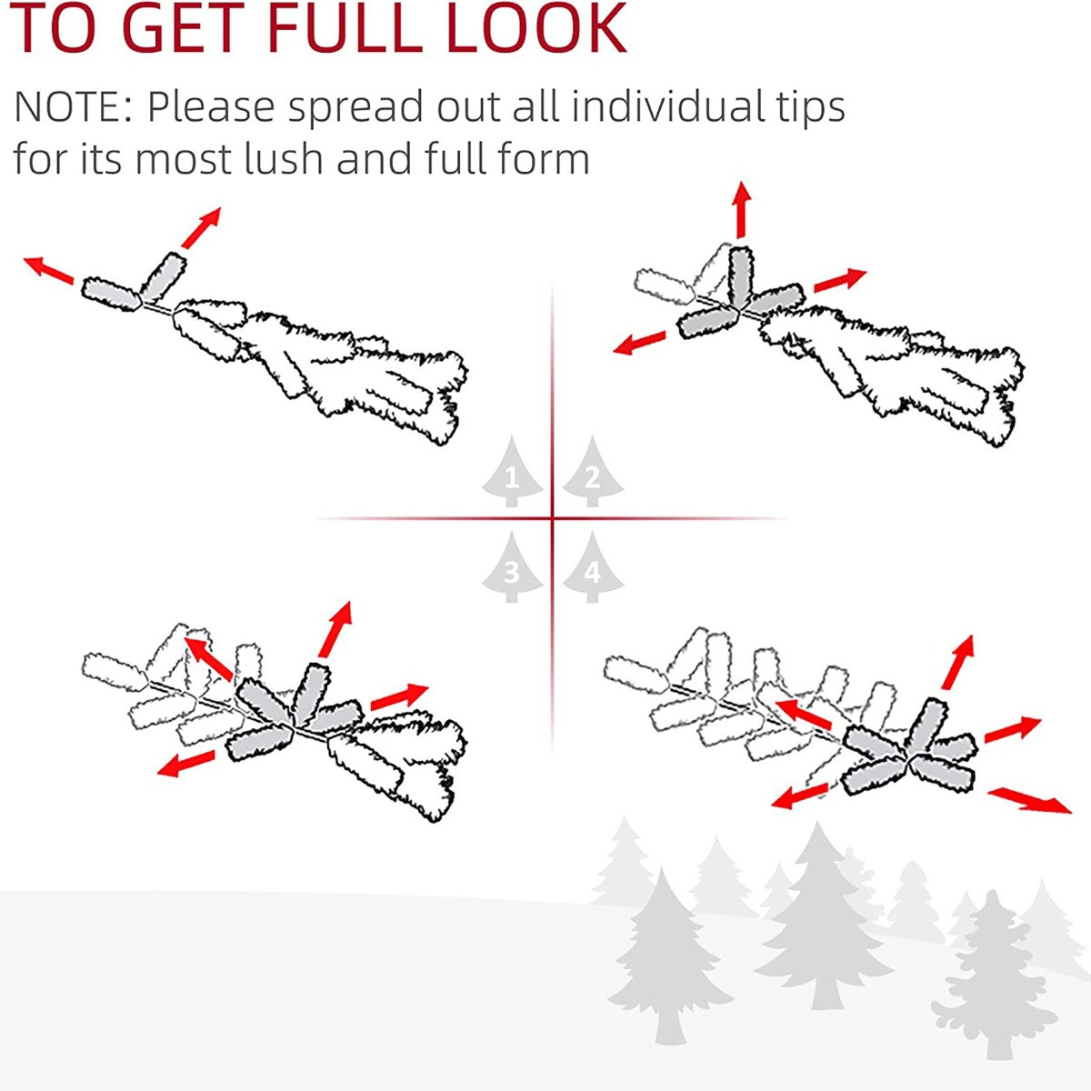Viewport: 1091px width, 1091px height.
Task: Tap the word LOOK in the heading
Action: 536,27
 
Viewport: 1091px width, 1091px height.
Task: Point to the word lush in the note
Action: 285,157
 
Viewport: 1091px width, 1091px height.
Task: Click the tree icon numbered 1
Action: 511,471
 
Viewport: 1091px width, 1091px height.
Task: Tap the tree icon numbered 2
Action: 593,471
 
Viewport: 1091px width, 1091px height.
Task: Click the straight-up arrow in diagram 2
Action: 741,209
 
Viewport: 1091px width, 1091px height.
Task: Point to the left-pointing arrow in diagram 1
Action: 48,269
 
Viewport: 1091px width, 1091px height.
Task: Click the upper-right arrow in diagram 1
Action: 201,227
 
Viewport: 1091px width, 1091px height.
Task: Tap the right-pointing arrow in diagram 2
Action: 840,280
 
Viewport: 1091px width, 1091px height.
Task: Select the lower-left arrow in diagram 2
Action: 639,343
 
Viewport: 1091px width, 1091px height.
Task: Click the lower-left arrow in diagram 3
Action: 185,763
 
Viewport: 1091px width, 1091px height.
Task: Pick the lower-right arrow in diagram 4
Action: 1029,800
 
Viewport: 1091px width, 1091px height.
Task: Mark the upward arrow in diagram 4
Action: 958,662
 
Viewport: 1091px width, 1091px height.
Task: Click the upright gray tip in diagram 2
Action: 741,275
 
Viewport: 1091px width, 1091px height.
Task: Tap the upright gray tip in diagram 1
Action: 164,276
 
